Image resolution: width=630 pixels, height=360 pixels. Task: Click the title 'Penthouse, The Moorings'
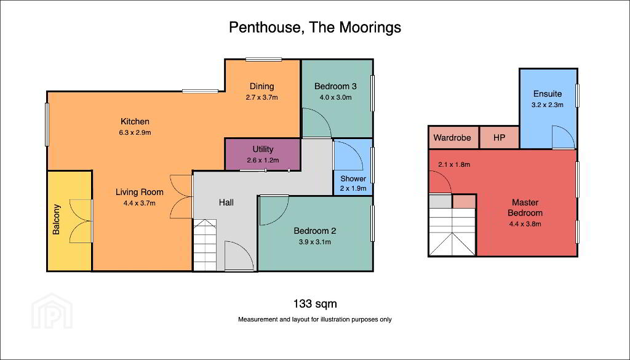[315, 28]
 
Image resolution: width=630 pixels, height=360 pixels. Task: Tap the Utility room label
[263, 149]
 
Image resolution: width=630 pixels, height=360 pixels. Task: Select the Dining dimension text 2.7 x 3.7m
[262, 97]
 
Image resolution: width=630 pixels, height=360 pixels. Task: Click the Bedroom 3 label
[335, 86]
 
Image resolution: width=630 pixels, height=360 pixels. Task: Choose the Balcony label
[57, 219]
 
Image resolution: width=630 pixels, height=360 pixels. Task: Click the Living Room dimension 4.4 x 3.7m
[140, 203]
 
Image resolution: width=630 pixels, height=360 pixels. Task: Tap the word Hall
[226, 202]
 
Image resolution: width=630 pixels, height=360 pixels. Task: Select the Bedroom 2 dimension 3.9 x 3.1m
[314, 242]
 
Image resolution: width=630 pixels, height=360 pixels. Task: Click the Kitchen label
[135, 121]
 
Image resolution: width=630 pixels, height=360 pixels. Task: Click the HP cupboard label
[499, 137]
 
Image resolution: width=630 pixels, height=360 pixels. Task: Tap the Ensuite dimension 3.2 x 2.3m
[547, 105]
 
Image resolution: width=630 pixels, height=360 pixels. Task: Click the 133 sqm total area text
[314, 303]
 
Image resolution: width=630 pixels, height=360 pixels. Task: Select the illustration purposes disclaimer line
[315, 320]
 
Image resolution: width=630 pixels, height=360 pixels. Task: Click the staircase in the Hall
[205, 245]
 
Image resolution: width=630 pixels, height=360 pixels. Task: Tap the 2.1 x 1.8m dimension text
[454, 164]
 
